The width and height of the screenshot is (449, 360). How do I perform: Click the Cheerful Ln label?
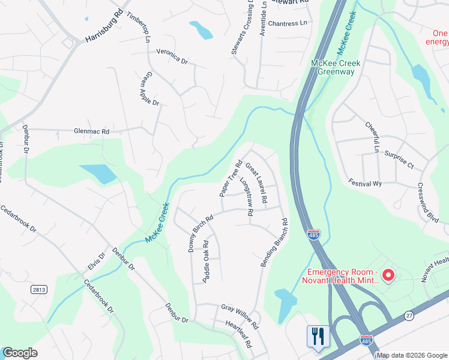(373, 137)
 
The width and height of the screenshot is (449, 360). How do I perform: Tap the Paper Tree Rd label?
(230, 178)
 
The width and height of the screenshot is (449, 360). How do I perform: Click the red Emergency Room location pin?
(388, 275)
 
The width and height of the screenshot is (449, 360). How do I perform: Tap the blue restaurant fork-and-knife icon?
(318, 336)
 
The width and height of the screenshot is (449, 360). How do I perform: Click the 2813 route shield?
(38, 289)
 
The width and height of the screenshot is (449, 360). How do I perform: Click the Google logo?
(20, 353)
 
